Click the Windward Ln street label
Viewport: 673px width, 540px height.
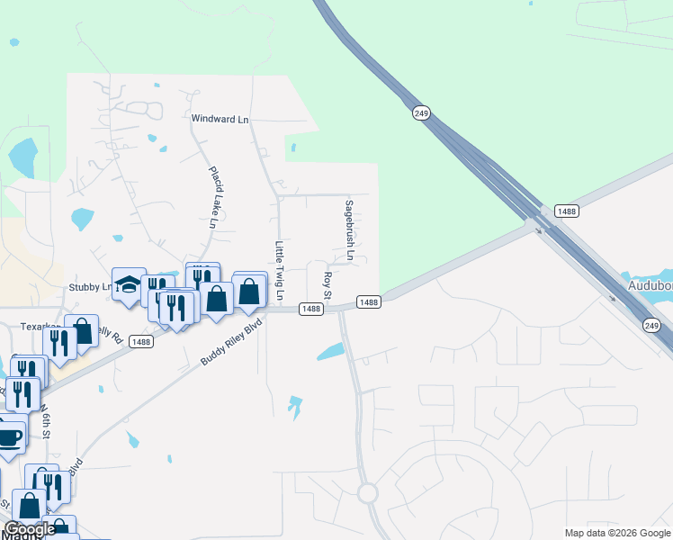[220, 119]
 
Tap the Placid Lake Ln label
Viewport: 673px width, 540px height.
[214, 196]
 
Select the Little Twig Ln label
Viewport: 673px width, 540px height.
[280, 270]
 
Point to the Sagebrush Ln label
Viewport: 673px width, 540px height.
[349, 231]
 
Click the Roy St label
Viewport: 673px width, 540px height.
[328, 284]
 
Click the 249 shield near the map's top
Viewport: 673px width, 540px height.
[421, 112]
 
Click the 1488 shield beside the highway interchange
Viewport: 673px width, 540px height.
[566, 211]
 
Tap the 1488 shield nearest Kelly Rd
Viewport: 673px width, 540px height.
[139, 341]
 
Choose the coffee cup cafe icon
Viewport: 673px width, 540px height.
[9, 437]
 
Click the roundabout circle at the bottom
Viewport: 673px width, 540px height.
[367, 493]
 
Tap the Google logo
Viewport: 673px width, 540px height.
[31, 529]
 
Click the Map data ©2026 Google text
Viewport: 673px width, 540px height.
[616, 533]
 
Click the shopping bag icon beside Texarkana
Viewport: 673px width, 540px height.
[81, 330]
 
